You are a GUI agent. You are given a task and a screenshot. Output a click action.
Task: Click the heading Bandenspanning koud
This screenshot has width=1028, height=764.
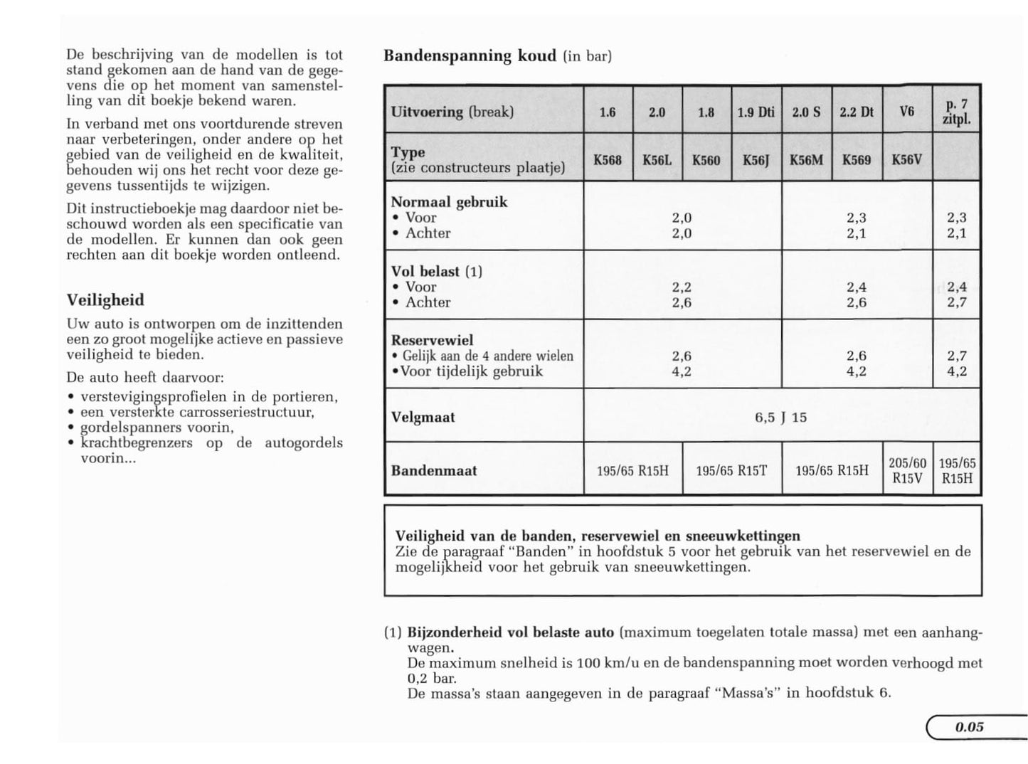tap(470, 55)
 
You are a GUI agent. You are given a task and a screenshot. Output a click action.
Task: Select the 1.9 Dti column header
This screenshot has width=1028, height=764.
tap(756, 112)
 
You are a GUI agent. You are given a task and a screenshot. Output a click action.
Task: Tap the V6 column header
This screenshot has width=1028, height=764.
tap(906, 111)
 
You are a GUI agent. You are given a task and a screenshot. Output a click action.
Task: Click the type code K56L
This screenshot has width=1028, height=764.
tap(657, 160)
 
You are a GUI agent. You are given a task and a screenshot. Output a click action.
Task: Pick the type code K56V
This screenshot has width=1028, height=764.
tap(906, 160)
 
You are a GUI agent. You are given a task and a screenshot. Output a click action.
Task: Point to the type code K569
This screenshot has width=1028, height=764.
tap(856, 160)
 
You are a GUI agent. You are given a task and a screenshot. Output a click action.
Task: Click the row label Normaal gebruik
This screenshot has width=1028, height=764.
tap(449, 202)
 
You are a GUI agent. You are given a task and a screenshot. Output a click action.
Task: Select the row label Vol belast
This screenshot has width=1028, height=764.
tap(425, 271)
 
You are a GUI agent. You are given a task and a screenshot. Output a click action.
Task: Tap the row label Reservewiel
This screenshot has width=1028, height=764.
tap(432, 340)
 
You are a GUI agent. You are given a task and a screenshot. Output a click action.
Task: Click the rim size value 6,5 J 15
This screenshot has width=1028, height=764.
tap(780, 417)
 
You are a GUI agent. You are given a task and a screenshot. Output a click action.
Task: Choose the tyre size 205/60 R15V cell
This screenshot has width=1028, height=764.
tap(907, 470)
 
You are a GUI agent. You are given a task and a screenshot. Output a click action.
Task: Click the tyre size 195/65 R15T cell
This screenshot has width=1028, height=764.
tap(731, 470)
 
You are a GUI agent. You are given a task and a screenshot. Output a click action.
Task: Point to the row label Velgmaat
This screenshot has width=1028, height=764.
tap(423, 417)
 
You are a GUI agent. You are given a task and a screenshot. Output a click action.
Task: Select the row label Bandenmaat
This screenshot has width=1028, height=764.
tap(434, 470)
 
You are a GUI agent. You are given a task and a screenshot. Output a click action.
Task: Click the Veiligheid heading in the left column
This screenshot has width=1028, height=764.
tap(105, 299)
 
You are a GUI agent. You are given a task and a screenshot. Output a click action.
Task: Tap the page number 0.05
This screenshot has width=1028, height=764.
tap(969, 726)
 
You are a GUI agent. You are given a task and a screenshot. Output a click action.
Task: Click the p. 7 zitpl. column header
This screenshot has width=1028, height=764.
tap(956, 112)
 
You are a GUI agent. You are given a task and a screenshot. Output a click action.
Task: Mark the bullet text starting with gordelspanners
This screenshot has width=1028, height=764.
tap(157, 427)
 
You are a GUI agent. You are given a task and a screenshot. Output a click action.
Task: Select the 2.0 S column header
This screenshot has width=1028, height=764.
tap(806, 112)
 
